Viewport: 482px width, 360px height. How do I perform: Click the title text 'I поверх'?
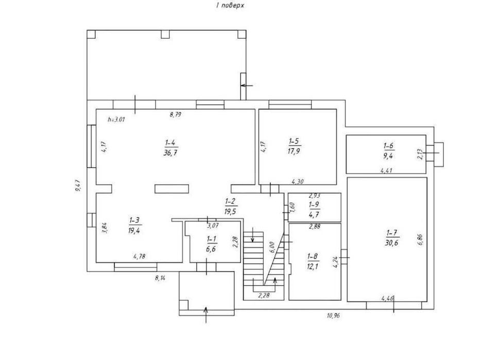[x=230, y=6]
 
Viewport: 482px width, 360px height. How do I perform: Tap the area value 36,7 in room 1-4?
[x=170, y=153]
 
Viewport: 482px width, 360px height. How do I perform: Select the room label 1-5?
[x=294, y=141]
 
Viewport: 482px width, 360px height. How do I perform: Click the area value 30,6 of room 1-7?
[x=391, y=243]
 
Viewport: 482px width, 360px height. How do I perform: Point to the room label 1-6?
[x=389, y=145]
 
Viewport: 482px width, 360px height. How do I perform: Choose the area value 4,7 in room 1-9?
[x=314, y=215]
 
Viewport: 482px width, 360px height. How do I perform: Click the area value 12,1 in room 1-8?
[x=313, y=266]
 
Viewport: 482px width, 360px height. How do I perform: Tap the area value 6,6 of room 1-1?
[x=211, y=249]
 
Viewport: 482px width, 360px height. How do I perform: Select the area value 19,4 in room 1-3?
[x=134, y=231]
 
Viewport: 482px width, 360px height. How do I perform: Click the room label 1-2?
[x=230, y=201]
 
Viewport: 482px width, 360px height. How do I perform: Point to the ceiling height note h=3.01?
[x=116, y=119]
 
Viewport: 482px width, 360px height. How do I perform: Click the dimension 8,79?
[x=175, y=115]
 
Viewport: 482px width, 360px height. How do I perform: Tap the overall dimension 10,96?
[x=333, y=315]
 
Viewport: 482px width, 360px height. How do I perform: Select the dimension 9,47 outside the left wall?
[x=77, y=186]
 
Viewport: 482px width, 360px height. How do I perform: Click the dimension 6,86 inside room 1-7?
[x=421, y=239]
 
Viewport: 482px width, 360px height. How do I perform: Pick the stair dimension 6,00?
[x=271, y=247]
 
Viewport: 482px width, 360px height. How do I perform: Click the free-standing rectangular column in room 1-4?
[x=171, y=189]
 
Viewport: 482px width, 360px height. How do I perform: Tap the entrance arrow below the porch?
[x=206, y=315]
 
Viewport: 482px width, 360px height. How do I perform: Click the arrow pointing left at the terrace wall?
[x=247, y=85]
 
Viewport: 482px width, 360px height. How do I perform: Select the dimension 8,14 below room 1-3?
[x=160, y=278]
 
